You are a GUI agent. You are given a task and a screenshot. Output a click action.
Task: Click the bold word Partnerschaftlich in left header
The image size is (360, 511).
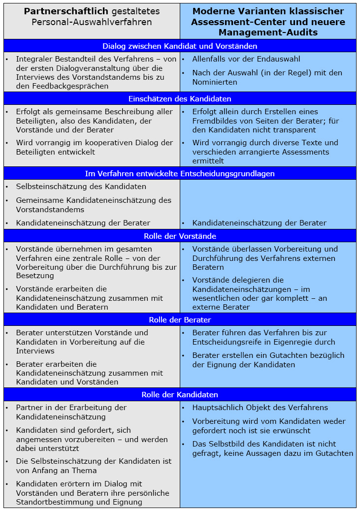click(x=58, y=11)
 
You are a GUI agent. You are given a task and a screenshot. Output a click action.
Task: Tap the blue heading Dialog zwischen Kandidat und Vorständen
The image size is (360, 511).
click(x=180, y=46)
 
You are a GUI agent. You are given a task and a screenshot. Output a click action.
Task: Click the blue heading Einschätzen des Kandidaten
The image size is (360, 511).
click(x=180, y=98)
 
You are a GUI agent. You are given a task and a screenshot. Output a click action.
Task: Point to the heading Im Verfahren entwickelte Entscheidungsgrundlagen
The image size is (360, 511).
click(x=180, y=173)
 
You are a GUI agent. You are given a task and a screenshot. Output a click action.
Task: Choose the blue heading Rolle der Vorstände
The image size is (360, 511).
click(x=180, y=236)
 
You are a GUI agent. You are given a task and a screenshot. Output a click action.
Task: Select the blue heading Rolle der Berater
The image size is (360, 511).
click(x=180, y=319)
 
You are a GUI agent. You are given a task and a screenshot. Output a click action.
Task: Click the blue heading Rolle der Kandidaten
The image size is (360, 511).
click(x=180, y=394)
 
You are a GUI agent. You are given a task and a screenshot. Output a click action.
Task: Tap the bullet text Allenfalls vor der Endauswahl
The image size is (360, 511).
click(x=246, y=59)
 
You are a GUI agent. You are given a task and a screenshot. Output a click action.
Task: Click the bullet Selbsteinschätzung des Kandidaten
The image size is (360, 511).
click(x=81, y=187)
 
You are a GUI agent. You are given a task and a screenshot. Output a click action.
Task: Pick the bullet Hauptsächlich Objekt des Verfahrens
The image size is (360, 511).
click(x=260, y=408)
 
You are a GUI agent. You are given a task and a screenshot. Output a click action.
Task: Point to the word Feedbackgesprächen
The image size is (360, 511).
click(x=68, y=86)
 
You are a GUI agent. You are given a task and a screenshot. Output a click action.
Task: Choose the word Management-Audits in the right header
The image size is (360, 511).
click(x=268, y=32)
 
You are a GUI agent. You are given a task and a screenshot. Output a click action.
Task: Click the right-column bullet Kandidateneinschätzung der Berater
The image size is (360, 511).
click(x=259, y=223)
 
